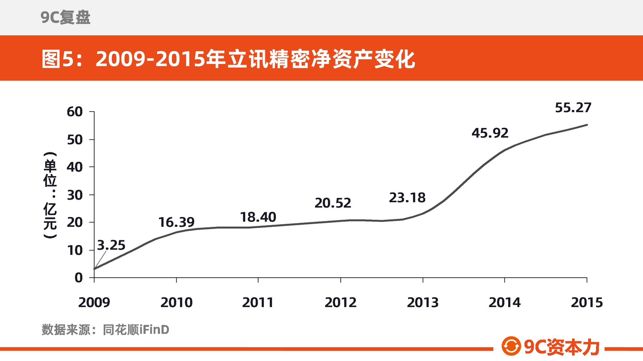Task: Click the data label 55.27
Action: (x=573, y=108)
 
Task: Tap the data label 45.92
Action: (x=490, y=133)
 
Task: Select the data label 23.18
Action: (x=407, y=198)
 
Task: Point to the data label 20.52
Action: (x=333, y=203)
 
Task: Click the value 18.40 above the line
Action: (x=258, y=217)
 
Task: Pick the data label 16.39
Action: (x=176, y=222)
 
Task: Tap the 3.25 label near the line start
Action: (x=111, y=245)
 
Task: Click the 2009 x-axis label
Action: (x=94, y=303)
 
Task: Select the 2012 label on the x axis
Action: (x=341, y=303)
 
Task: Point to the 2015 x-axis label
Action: (x=587, y=303)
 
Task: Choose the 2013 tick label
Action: (x=423, y=303)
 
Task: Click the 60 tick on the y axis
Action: (x=75, y=112)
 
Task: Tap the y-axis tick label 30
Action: (x=75, y=195)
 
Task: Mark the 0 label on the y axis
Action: (x=79, y=278)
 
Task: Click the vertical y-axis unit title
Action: (x=50, y=195)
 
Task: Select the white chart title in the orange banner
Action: (x=228, y=59)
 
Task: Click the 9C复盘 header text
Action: (x=66, y=17)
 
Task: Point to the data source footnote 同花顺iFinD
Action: (x=136, y=330)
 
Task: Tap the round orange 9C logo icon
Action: (x=511, y=346)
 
